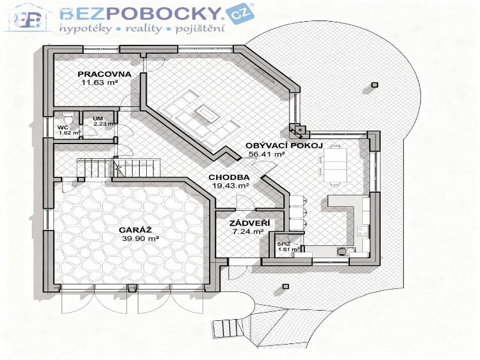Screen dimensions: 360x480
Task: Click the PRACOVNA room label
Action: [104, 74]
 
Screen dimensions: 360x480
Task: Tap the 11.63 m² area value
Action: [99, 82]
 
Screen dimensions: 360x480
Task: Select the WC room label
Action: [62, 127]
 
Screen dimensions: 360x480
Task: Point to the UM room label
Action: [97, 119]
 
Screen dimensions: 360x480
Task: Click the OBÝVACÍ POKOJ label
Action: [274, 145]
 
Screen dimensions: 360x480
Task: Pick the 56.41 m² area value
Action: [266, 154]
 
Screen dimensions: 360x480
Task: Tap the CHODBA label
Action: [229, 177]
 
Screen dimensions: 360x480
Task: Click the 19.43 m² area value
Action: [229, 185]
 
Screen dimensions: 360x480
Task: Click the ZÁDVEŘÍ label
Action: [249, 223]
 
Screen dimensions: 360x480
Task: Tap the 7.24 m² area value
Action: [247, 232]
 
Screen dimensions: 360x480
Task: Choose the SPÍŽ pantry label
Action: [283, 243]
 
